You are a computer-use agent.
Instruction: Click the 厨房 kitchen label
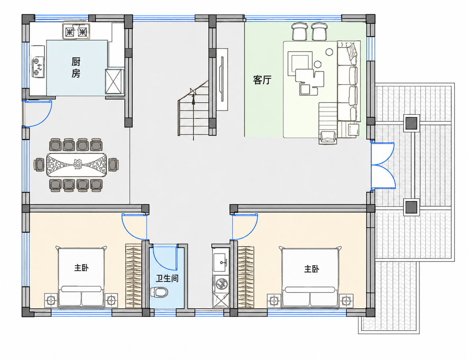click(76, 67)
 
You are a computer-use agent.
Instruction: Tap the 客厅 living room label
click(262, 80)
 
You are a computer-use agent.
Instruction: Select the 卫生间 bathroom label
click(167, 278)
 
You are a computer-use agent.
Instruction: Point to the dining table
click(76, 165)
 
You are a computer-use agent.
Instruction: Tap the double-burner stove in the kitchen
click(76, 31)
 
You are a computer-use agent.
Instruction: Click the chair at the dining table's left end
click(39, 164)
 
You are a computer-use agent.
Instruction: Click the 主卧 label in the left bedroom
click(81, 268)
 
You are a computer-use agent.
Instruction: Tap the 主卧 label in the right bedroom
click(311, 269)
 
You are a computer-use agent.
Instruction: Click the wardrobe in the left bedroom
click(133, 276)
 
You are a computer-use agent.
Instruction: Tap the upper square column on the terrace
click(411, 123)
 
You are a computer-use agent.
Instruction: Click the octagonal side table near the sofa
click(329, 52)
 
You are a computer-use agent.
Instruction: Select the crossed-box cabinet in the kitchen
click(114, 81)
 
